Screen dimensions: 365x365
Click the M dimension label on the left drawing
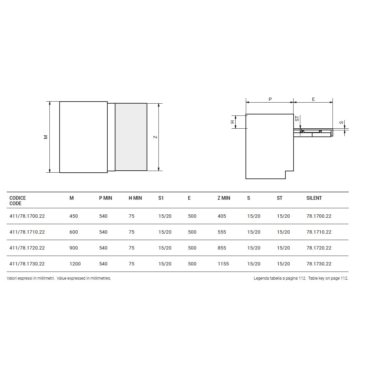pyautogui.click(x=46, y=137)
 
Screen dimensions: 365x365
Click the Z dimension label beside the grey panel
pyautogui.click(x=155, y=137)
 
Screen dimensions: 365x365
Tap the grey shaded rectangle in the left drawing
pyautogui.click(x=131, y=137)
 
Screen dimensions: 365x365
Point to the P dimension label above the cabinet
pyautogui.click(x=270, y=99)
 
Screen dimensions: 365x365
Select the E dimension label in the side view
pyautogui.click(x=313, y=99)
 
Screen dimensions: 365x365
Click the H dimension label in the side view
pyautogui.click(x=232, y=122)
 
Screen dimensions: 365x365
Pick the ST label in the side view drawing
pyautogui.click(x=297, y=119)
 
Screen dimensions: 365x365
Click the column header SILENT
pyautogui.click(x=314, y=198)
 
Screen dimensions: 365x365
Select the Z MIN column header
pyautogui.click(x=224, y=198)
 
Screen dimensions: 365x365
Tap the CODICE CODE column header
pyautogui.click(x=18, y=201)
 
